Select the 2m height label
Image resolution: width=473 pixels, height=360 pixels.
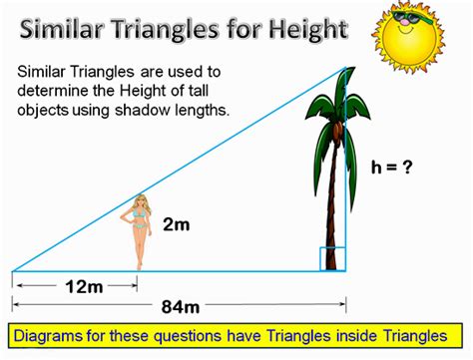[175, 225]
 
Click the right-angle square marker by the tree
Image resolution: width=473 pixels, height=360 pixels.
[332, 258]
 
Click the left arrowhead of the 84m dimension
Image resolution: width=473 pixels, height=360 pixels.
[15, 305]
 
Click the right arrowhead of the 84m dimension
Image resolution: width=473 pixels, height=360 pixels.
[342, 305]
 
